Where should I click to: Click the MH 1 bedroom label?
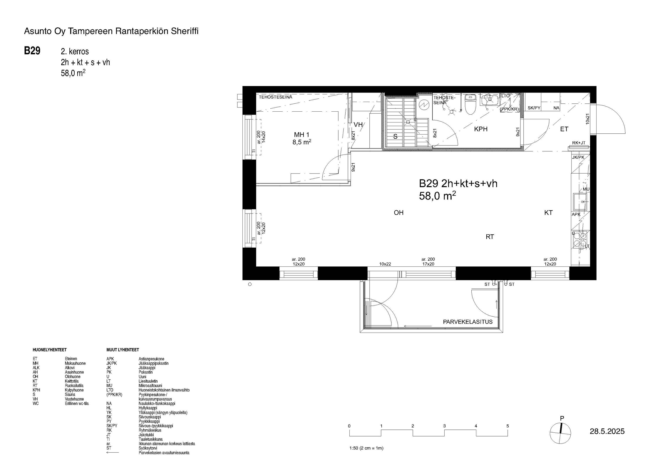[301, 135]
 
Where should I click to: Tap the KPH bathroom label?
[481, 129]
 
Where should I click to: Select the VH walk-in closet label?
[358, 125]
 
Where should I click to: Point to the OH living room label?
[398, 213]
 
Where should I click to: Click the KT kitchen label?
[548, 213]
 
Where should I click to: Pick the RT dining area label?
[490, 237]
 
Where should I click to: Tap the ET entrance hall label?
[564, 129]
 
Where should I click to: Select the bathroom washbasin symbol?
[490, 100]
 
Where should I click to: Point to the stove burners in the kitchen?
[579, 239]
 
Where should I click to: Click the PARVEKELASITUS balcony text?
[468, 322]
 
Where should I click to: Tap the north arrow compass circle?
[560, 433]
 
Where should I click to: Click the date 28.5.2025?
[607, 431]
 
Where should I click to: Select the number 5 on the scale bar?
[507, 426]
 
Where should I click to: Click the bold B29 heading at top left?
[32, 51]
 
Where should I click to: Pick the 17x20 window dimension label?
[428, 264]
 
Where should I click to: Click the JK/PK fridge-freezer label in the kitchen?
[578, 157]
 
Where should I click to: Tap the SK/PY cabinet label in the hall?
[534, 108]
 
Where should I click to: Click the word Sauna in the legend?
[70, 395]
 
